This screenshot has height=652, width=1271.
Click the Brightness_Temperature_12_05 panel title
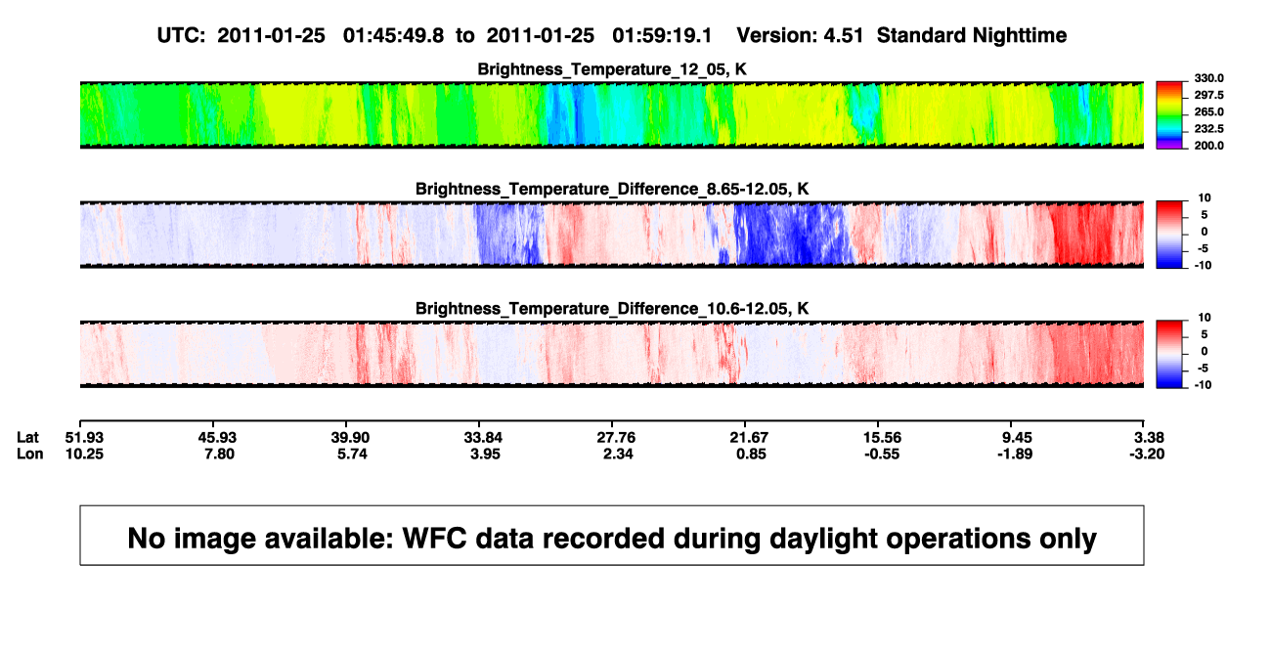click(x=612, y=69)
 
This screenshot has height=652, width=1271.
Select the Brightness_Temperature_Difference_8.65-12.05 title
click(x=612, y=189)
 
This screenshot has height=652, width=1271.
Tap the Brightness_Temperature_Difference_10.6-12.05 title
click(x=612, y=309)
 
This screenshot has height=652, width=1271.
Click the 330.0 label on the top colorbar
click(x=1208, y=78)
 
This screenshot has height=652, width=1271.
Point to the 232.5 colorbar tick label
click(x=1208, y=129)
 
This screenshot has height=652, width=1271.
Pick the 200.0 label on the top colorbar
click(x=1208, y=146)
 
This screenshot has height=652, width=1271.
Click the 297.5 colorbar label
click(x=1208, y=96)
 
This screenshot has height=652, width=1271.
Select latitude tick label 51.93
click(x=84, y=438)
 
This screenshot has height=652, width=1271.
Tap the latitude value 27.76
click(x=616, y=438)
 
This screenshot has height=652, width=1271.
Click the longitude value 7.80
click(x=220, y=454)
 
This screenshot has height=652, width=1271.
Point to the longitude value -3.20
click(x=1147, y=454)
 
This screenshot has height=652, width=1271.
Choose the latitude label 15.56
click(x=882, y=438)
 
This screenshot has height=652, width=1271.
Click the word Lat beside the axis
click(x=27, y=438)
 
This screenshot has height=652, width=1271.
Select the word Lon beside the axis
click(x=30, y=454)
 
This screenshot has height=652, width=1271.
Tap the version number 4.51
click(x=843, y=36)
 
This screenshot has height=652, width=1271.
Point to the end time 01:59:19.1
click(x=662, y=36)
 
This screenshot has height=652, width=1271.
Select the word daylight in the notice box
click(x=820, y=539)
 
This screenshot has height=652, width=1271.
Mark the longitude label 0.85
click(x=751, y=454)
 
